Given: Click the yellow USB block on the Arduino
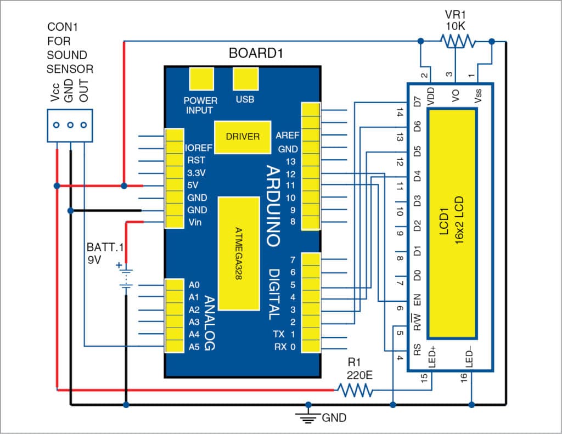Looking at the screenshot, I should click(x=245, y=79).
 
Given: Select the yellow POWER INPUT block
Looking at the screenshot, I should click(x=200, y=79).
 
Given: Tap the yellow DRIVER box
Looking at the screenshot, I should click(x=243, y=136).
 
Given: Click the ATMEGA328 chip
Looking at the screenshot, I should click(x=238, y=253).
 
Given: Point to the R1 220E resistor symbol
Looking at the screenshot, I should click(x=355, y=391).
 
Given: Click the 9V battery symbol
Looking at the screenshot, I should click(x=126, y=278).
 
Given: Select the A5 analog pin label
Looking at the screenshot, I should click(x=194, y=346).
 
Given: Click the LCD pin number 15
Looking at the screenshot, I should click(x=424, y=378).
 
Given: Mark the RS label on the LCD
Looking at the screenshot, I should click(x=417, y=349).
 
